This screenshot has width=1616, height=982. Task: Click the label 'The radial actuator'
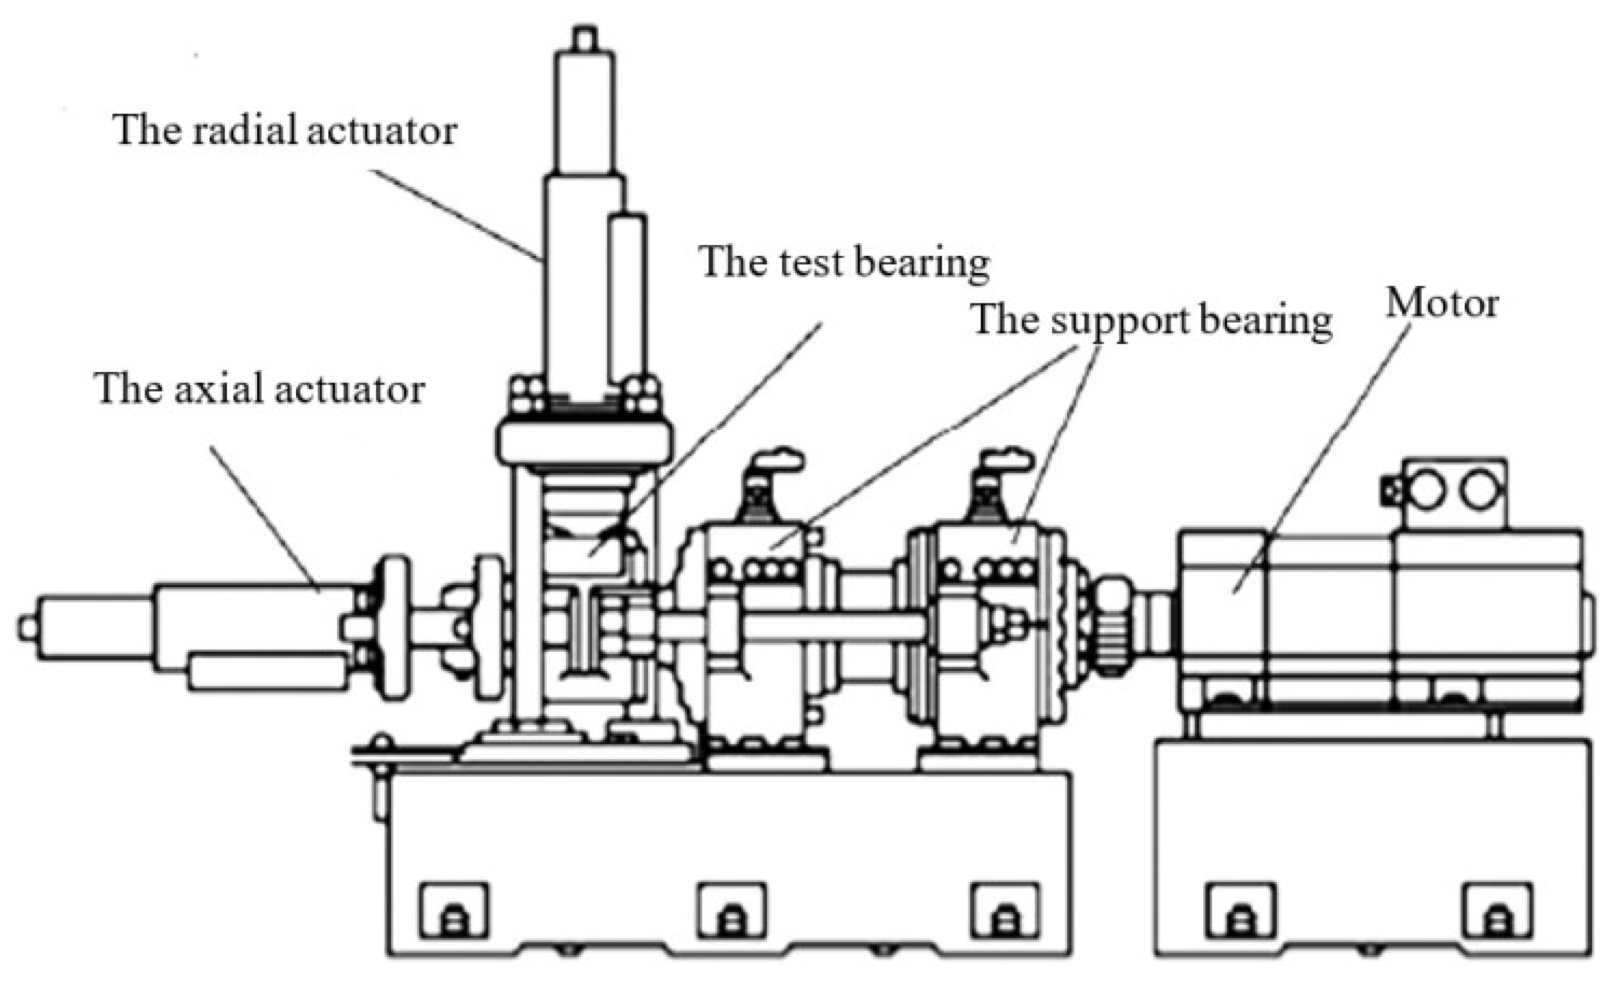pyautogui.click(x=285, y=130)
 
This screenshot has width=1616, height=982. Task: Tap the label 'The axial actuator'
pyautogui.click(x=260, y=389)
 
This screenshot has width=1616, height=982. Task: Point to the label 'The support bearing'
pyautogui.click(x=1151, y=321)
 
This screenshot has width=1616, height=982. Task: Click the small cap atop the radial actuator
pyautogui.click(x=585, y=37)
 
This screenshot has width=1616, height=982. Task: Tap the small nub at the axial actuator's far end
pyautogui.click(x=26, y=628)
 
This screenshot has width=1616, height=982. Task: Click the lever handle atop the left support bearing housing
pyautogui.click(x=774, y=459)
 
